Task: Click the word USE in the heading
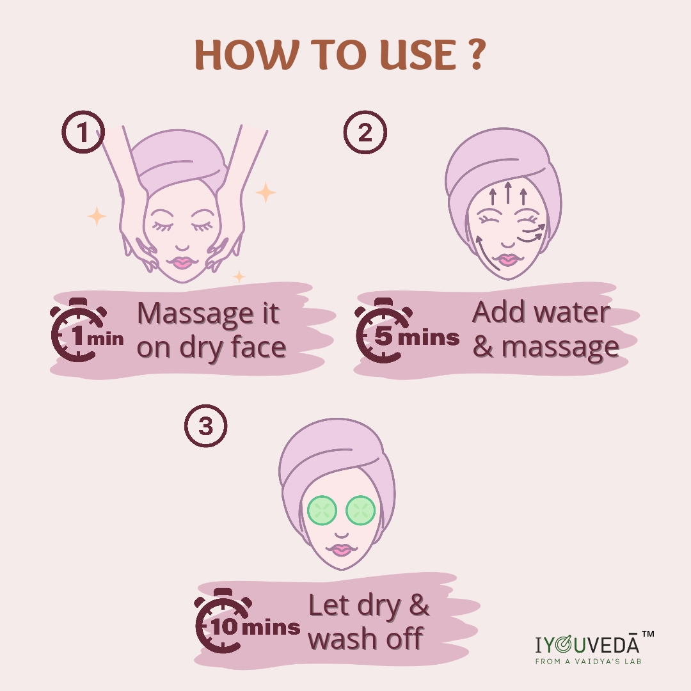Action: pos(418,54)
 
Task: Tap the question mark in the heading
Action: pos(476,54)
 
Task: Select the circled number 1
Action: pos(83,132)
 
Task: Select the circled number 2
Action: pos(365,132)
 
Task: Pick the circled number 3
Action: pos(206,426)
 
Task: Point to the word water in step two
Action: pos(572,312)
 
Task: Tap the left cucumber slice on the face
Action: pos(322,511)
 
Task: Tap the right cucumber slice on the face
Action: pos(360,511)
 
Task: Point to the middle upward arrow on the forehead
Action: pos(508,193)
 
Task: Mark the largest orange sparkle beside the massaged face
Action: pos(266,193)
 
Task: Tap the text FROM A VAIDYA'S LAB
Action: pos(588,661)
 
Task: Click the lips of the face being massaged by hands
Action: pos(182,263)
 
